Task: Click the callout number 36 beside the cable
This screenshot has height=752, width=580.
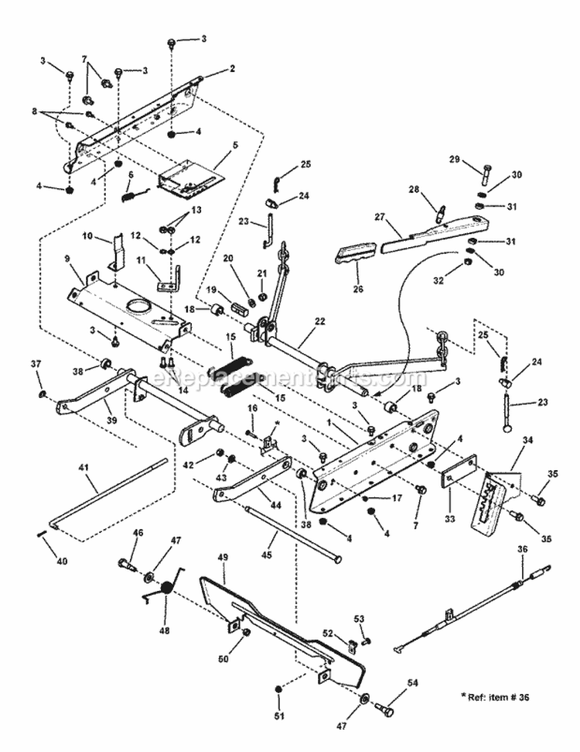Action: point(521,549)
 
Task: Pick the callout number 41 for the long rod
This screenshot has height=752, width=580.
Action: point(84,467)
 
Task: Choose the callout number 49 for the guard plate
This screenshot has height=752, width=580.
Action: point(223,558)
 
